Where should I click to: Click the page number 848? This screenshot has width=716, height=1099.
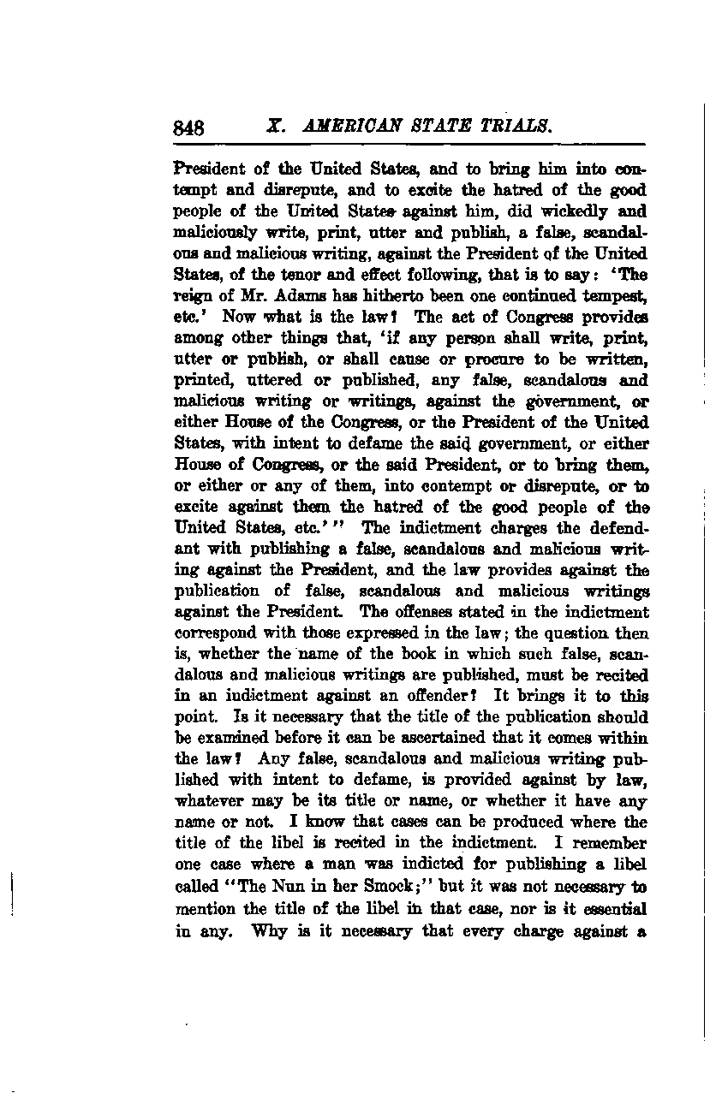tap(188, 128)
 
